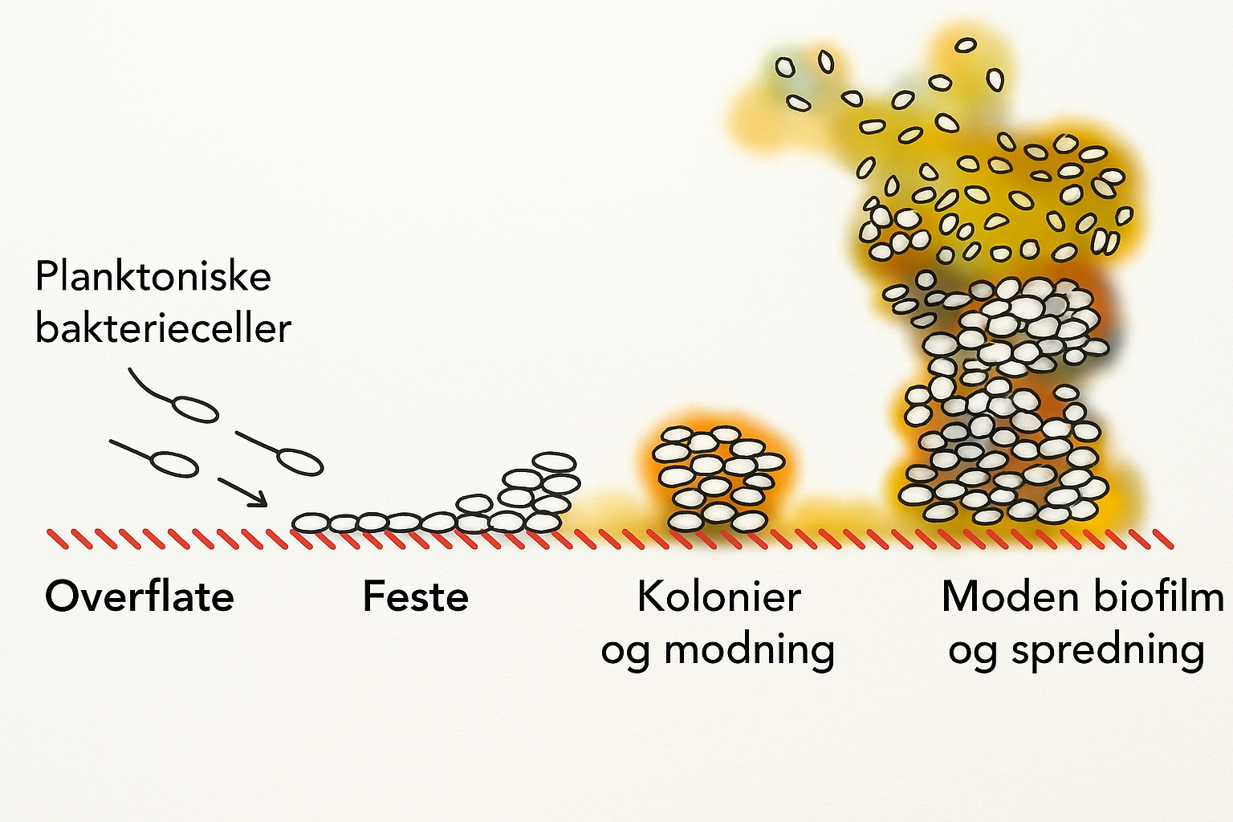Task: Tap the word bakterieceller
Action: tap(163, 328)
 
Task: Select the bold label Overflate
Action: tap(140, 597)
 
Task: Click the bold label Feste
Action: tap(416, 597)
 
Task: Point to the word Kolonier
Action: tap(718, 597)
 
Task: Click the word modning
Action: tap(750, 649)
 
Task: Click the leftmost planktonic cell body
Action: tap(174, 463)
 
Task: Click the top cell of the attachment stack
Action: tap(554, 462)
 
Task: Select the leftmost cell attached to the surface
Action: tap(311, 523)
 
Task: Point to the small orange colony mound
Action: tap(717, 478)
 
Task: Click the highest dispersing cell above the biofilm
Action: tap(966, 45)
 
